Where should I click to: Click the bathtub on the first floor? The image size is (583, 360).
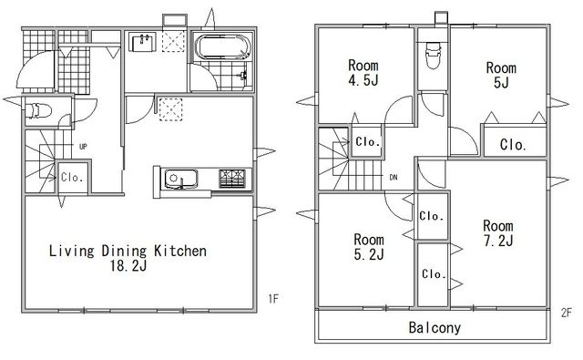[223, 47]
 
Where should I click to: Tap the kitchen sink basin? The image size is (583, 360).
[181, 179]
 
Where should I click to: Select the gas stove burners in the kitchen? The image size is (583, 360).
[232, 178]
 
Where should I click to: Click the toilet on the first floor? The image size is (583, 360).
[37, 110]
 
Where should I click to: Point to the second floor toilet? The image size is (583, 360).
[433, 56]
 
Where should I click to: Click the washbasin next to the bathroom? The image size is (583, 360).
[142, 42]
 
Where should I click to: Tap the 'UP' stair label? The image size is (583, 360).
[83, 147]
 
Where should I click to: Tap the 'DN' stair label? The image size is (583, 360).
[394, 178]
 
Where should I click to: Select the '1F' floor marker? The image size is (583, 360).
[273, 298]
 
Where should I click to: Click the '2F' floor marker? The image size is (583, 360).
[567, 313]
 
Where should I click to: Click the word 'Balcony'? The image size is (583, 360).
[435, 327]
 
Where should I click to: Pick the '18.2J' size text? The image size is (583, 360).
[128, 265]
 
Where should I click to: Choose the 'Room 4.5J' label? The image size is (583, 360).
[363, 73]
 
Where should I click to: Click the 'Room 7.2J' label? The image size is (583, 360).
[498, 233]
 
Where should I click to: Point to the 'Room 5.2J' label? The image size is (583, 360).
[369, 246]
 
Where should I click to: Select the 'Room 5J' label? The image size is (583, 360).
[501, 75]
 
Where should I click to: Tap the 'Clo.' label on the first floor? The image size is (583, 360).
[72, 177]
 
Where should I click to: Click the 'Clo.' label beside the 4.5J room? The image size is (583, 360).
[368, 141]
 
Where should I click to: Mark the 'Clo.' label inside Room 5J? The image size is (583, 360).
[513, 144]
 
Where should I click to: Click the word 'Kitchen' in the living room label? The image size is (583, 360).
[180, 251]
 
